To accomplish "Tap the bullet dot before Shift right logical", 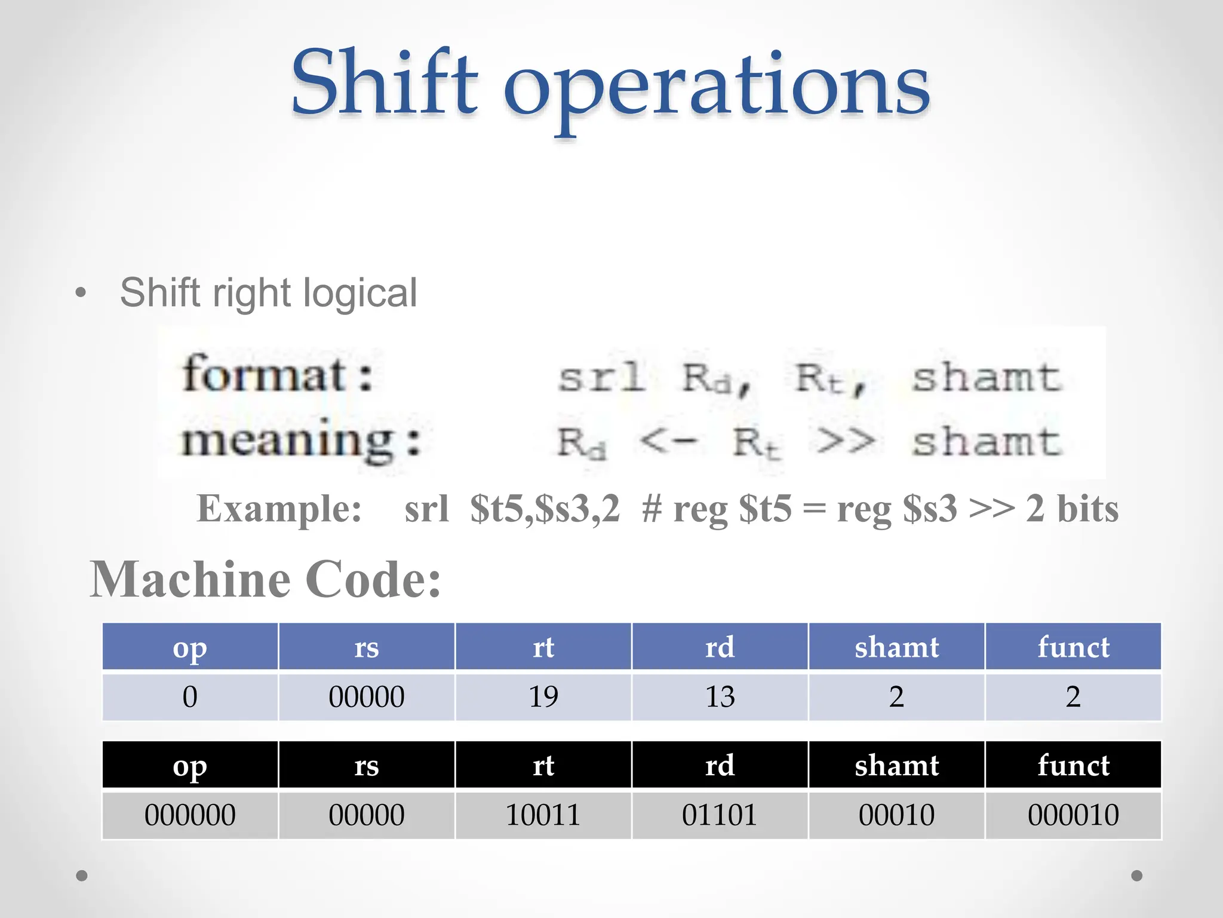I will coord(81,293).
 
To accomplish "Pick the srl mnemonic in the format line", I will coord(601,378).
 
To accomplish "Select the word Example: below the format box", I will coord(279,509).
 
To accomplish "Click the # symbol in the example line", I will coord(652,509).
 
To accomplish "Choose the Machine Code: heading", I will coord(266,579).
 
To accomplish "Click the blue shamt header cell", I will coord(896,647).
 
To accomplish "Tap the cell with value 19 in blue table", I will coord(543,697).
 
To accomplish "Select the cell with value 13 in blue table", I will coord(720,697).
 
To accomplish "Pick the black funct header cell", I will coord(1073,765).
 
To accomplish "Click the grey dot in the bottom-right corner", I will coord(1137,876).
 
